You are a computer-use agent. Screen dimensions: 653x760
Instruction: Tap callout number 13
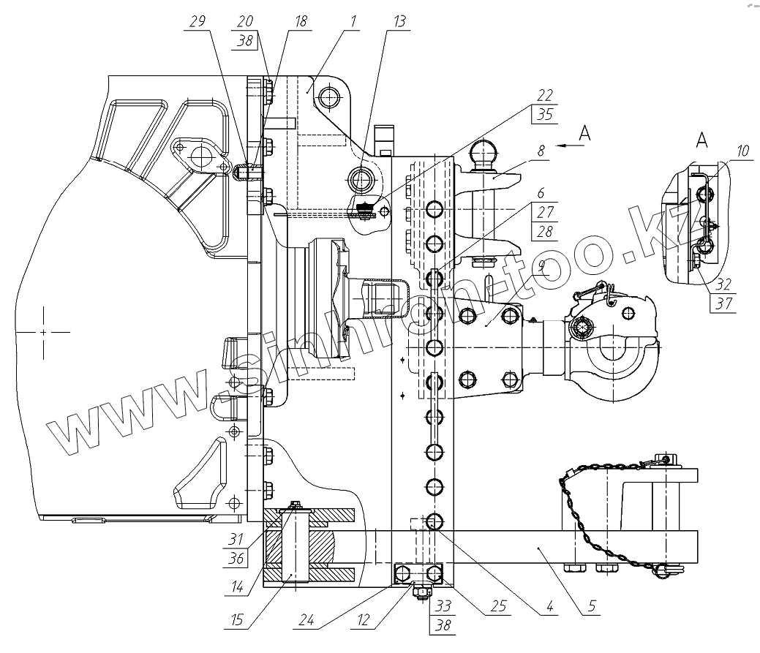tap(399, 22)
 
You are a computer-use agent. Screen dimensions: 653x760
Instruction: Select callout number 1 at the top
tap(353, 22)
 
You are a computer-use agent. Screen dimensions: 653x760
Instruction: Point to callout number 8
tap(541, 151)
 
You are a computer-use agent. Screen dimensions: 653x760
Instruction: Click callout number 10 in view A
tap(742, 151)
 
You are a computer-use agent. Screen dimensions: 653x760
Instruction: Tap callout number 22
tap(543, 95)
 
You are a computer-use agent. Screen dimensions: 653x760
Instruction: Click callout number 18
tap(301, 22)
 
